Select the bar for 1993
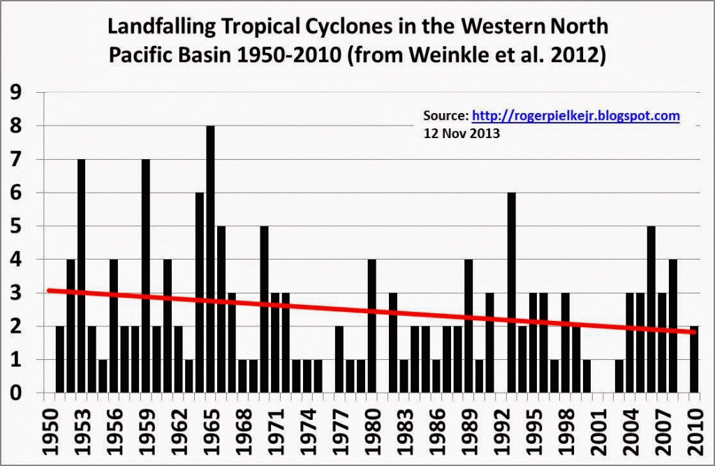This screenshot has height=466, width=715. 512,293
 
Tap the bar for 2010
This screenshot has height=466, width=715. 694,359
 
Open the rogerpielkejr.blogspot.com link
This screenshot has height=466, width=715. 576,116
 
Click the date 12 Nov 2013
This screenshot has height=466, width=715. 462,133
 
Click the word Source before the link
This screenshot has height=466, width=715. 445,116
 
